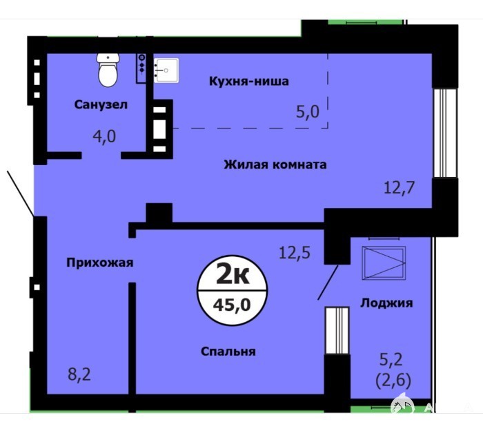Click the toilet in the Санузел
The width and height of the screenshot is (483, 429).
(108, 70)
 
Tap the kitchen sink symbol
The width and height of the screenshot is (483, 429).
(166, 70)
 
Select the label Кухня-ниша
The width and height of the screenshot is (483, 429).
(249, 81)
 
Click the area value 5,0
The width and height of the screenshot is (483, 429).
(308, 112)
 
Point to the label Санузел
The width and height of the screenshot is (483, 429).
(101, 104)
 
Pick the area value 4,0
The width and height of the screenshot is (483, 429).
(104, 136)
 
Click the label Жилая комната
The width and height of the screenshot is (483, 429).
(275, 164)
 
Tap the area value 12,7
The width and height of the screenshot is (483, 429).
(400, 187)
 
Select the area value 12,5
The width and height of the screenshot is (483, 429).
(295, 253)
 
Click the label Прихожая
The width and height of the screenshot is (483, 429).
(100, 263)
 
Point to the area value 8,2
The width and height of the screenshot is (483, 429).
(79, 374)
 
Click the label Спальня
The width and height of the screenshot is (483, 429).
(228, 351)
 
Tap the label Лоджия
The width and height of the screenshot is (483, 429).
(386, 303)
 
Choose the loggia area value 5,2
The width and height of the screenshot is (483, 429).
(391, 359)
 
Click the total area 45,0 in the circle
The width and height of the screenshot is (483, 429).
(233, 305)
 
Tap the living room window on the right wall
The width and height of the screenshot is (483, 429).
(445, 133)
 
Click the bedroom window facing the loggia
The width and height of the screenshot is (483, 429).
(337, 330)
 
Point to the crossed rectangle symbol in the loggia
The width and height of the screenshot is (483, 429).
(384, 263)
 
